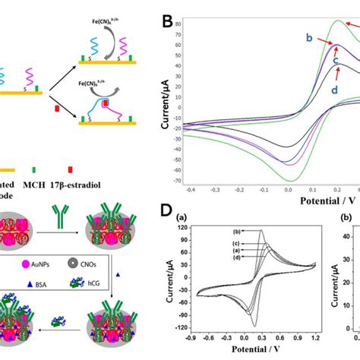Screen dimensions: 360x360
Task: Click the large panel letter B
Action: click(169, 17)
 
